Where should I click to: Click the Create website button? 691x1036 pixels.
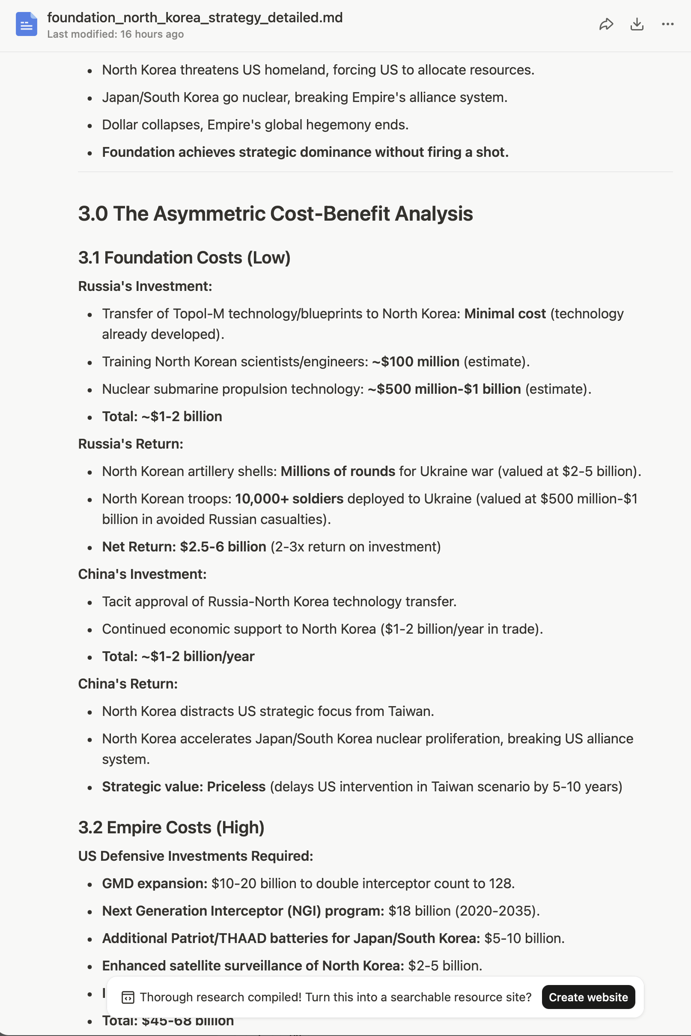tap(588, 997)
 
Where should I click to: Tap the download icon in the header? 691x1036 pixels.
tap(637, 24)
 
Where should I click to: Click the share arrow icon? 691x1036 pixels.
tap(606, 24)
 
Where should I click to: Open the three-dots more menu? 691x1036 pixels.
tap(667, 24)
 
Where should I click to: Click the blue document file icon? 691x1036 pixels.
tap(27, 24)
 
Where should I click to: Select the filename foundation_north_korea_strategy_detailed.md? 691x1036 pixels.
tap(195, 18)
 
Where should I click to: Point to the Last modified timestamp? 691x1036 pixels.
tap(116, 34)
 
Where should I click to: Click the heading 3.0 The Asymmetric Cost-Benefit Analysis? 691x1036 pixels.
tap(275, 214)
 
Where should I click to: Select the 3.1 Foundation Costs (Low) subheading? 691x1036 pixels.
tap(184, 258)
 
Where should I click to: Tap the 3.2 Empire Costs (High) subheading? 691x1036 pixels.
tap(171, 828)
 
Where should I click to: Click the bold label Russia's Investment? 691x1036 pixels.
tap(145, 286)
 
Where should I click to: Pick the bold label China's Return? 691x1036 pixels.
tap(128, 684)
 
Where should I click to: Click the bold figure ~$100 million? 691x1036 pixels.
tap(416, 362)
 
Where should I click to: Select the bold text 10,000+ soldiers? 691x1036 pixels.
tap(289, 499)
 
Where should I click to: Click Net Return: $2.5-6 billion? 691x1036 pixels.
tap(184, 547)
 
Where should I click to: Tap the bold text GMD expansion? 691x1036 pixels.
tap(155, 884)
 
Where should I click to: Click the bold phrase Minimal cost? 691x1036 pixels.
tap(505, 314)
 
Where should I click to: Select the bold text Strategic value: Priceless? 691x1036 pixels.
tap(184, 787)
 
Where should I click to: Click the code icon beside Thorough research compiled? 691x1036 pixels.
tap(128, 997)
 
